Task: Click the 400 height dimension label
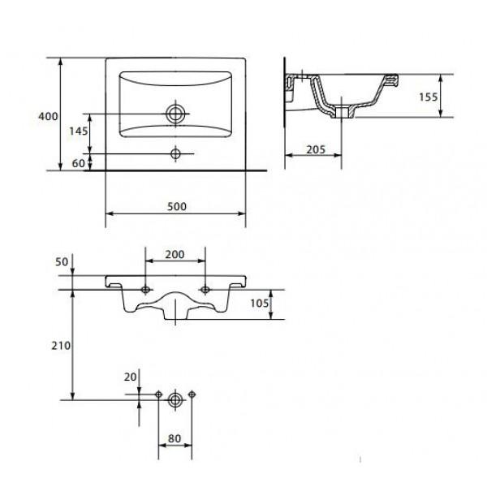(48, 117)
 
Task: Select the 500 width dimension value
(178, 206)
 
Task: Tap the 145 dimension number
(78, 131)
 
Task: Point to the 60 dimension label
(79, 163)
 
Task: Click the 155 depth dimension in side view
(452, 97)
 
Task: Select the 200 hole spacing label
(175, 254)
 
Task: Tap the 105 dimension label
(282, 304)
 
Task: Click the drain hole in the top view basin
(175, 114)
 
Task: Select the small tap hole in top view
(175, 153)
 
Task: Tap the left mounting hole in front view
(145, 289)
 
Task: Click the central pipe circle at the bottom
(175, 400)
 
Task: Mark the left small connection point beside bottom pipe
(158, 394)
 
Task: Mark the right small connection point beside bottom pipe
(192, 394)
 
